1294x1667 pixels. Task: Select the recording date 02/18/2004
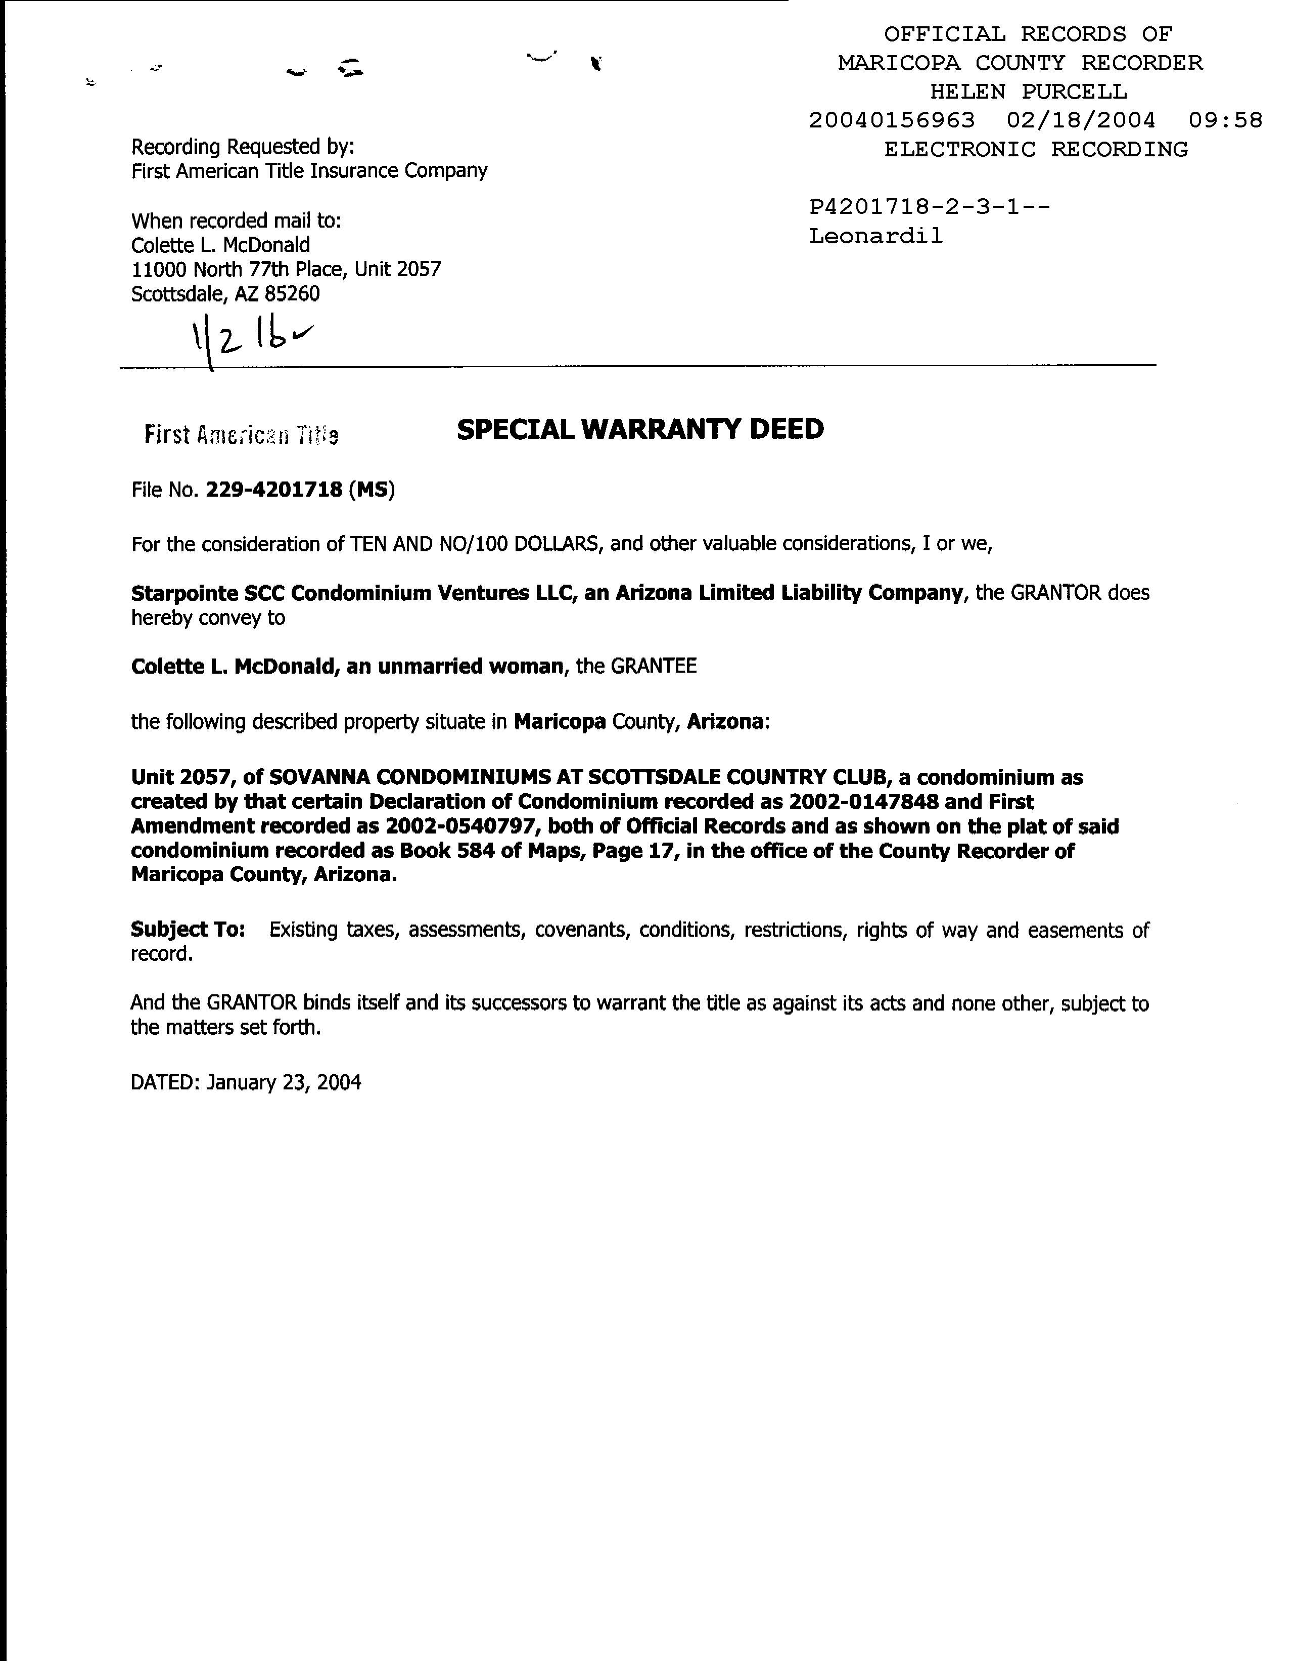(x=1080, y=120)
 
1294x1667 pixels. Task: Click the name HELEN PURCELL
(x=1028, y=92)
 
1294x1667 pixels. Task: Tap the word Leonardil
(x=876, y=236)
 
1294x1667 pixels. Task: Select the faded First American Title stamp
(x=241, y=435)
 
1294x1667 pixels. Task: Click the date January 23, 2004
(x=283, y=1082)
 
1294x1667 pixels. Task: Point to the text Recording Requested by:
(x=243, y=146)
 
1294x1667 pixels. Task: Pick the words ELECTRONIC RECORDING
(x=1035, y=149)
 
